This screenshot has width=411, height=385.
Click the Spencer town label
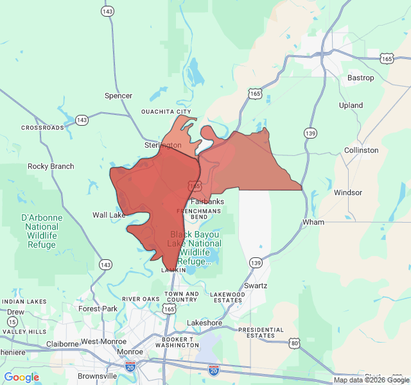click(118, 96)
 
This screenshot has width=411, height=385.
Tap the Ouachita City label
click(166, 112)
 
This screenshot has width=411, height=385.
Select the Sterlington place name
click(163, 146)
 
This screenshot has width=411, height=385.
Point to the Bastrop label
click(360, 78)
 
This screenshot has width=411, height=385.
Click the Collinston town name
click(361, 150)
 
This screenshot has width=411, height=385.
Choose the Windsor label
click(348, 193)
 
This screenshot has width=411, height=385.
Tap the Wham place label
click(313, 222)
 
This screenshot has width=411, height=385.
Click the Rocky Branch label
click(51, 166)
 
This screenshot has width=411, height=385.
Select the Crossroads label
click(43, 128)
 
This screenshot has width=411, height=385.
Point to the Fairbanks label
click(207, 201)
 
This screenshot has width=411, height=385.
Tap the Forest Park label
click(98, 308)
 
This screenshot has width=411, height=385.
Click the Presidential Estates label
click(261, 332)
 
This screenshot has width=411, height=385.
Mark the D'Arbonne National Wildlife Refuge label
click(42, 232)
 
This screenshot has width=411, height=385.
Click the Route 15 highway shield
click(12, 321)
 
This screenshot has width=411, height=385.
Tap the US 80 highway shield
click(295, 343)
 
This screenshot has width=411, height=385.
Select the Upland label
click(351, 105)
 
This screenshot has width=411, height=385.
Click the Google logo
click(22, 377)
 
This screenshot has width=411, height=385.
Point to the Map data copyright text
click(371, 380)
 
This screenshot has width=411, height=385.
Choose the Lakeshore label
click(204, 322)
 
